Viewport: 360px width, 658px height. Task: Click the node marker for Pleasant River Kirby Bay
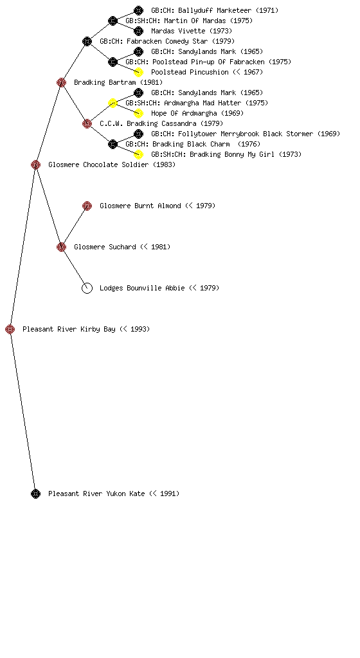pyautogui.click(x=10, y=329)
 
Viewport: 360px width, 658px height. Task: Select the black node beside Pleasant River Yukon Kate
pyautogui.click(x=35, y=493)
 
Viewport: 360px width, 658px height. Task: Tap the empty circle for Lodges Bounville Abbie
pyautogui.click(x=87, y=288)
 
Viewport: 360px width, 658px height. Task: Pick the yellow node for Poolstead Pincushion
pyautogui.click(x=138, y=72)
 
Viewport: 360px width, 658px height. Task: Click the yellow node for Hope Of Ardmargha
pyautogui.click(x=138, y=113)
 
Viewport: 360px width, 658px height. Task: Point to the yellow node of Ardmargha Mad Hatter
pyautogui.click(x=113, y=103)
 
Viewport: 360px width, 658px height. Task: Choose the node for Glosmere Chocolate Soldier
pyautogui.click(x=35, y=164)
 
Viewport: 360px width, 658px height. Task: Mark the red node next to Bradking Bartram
pyautogui.click(x=61, y=82)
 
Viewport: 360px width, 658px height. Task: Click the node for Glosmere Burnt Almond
pyautogui.click(x=87, y=206)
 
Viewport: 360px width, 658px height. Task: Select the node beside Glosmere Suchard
pyautogui.click(x=61, y=247)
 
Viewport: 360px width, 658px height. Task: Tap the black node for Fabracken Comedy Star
pyautogui.click(x=87, y=41)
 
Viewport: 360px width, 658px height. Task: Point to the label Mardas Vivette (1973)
pyautogui.click(x=192, y=31)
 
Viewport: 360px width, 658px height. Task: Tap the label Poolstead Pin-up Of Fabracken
pyautogui.click(x=208, y=62)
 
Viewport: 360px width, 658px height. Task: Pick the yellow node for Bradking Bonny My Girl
pyautogui.click(x=138, y=154)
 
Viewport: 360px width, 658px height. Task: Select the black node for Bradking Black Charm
pyautogui.click(x=113, y=144)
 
